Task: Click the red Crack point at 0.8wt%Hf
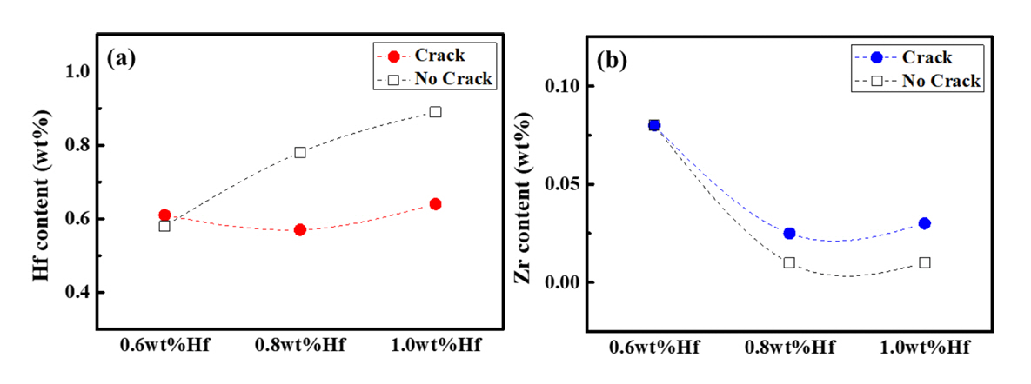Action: [x=300, y=230]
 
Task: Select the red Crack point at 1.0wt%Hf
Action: [x=435, y=204]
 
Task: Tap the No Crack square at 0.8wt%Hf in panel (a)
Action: [x=300, y=153]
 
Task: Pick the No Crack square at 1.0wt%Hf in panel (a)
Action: [x=435, y=112]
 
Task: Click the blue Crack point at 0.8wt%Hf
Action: [x=789, y=233]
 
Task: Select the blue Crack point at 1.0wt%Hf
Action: [x=925, y=223]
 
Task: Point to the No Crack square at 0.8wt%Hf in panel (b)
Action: [x=789, y=262]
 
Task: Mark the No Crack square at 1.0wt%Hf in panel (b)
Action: [x=925, y=262]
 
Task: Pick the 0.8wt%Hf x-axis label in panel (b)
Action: [x=789, y=348]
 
